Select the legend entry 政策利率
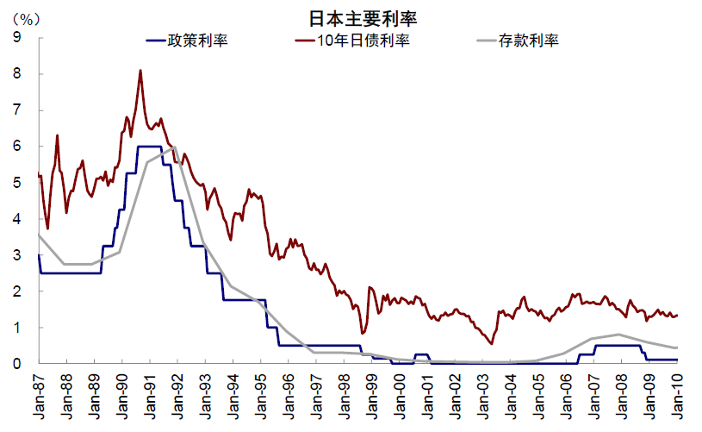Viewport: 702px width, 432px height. pos(198,40)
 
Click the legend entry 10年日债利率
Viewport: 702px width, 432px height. pos(362,40)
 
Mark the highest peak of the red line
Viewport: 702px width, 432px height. pos(140,71)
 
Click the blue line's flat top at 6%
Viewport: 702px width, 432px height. pos(149,147)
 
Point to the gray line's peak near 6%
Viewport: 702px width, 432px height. pos(175,147)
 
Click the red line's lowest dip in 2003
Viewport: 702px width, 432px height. pos(491,344)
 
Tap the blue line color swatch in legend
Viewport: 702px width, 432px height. pos(157,41)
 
